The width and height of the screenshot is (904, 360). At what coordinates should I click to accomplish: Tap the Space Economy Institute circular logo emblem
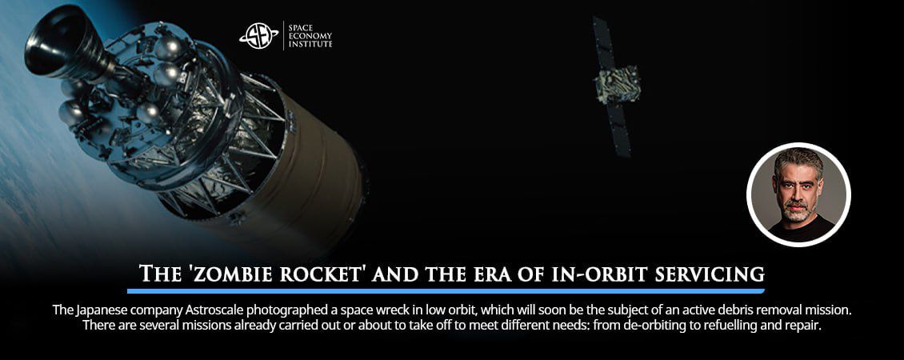pyautogui.click(x=258, y=34)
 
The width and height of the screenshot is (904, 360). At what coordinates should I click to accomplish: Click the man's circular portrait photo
pyautogui.click(x=798, y=194)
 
